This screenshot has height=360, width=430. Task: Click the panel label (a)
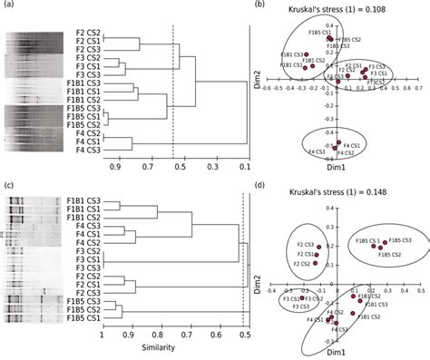(9, 6)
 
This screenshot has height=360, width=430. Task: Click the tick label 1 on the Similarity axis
(103, 335)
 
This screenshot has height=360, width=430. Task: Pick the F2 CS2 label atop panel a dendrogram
(88, 34)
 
